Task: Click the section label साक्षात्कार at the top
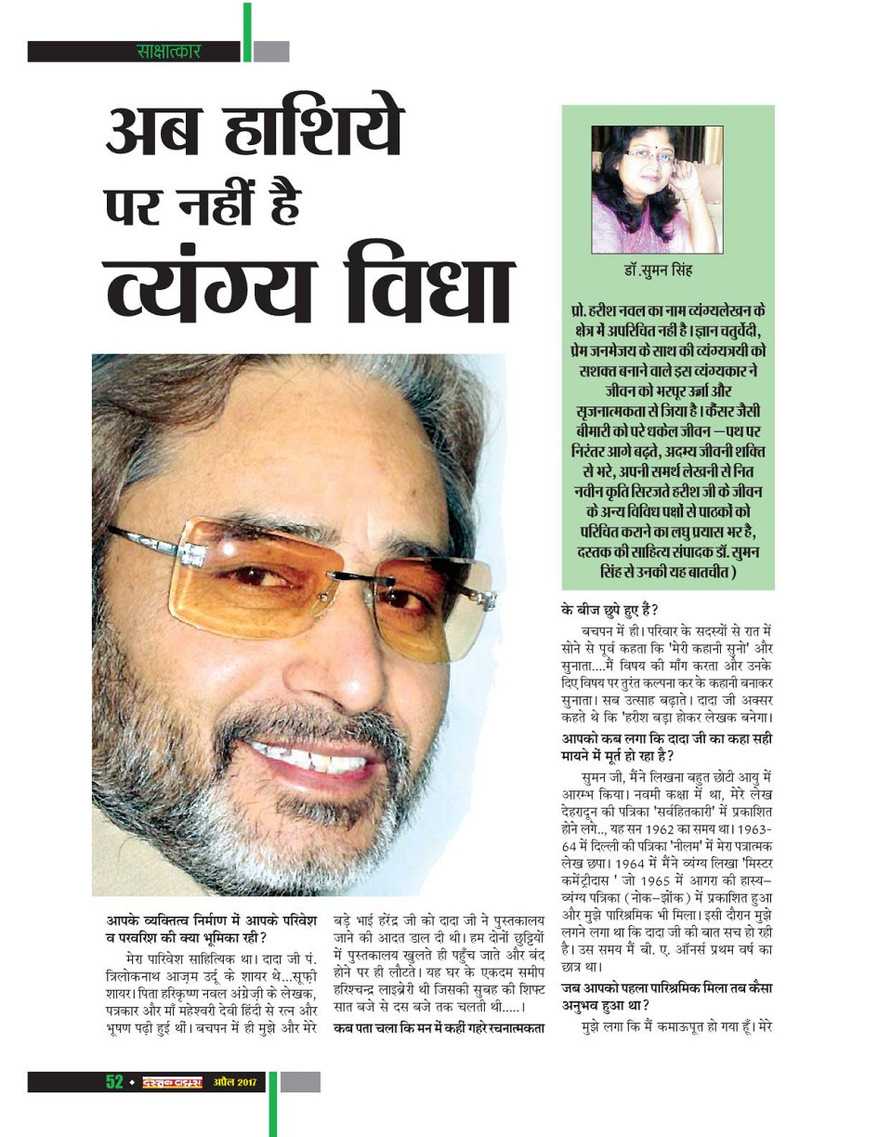(168, 51)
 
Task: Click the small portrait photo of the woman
(657, 189)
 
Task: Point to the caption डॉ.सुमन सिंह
(657, 271)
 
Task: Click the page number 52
(114, 1081)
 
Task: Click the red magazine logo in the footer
(172, 1082)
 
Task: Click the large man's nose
(334, 651)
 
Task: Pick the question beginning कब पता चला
(437, 1027)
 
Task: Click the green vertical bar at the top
(247, 32)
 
